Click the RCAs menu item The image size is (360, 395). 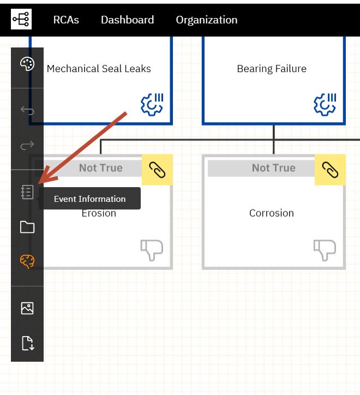(x=66, y=20)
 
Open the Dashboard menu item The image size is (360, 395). (x=128, y=20)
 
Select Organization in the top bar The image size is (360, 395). (x=207, y=20)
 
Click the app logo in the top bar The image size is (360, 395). (x=21, y=19)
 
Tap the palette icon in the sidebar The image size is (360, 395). (x=27, y=64)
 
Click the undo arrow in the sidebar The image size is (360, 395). (x=27, y=110)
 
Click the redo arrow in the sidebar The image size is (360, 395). (x=27, y=145)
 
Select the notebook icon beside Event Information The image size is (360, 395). (x=27, y=192)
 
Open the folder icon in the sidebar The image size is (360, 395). (x=27, y=227)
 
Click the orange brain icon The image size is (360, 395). (x=27, y=261)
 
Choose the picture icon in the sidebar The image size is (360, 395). (x=27, y=308)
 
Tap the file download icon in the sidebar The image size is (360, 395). (x=28, y=343)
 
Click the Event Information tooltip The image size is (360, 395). (x=89, y=199)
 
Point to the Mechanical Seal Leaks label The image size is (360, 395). (x=99, y=69)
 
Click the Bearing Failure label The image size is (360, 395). (x=272, y=69)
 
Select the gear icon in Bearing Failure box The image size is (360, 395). (x=325, y=104)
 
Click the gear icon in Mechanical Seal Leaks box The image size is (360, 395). (x=152, y=104)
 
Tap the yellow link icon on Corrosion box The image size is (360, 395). (x=330, y=170)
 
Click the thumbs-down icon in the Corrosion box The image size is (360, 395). (x=325, y=250)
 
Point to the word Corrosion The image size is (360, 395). (x=272, y=213)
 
